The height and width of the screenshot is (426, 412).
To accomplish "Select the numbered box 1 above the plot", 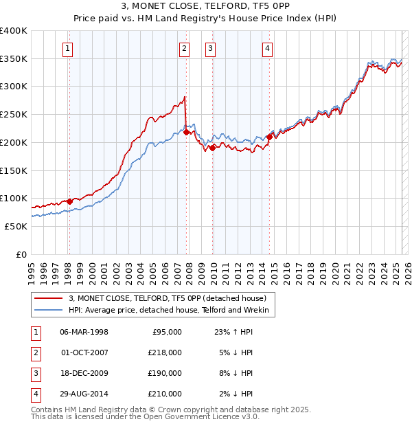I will (x=69, y=48).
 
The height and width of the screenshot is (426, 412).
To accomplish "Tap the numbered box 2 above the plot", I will (x=185, y=48).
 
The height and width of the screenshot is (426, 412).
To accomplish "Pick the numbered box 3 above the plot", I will (x=209, y=48).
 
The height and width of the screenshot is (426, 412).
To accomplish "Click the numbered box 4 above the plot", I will (x=267, y=48).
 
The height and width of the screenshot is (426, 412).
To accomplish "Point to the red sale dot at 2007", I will (x=186, y=132).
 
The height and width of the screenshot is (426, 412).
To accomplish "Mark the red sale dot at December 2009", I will (x=213, y=147).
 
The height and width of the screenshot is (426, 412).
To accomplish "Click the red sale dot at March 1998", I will (x=69, y=201).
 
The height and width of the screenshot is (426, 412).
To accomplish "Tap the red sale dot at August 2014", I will (x=270, y=136).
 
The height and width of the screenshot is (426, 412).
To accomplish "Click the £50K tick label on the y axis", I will (x=15, y=226).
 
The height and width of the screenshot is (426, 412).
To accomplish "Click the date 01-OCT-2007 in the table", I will (x=84, y=353).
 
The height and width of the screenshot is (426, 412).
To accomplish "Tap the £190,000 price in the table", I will (x=165, y=374).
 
